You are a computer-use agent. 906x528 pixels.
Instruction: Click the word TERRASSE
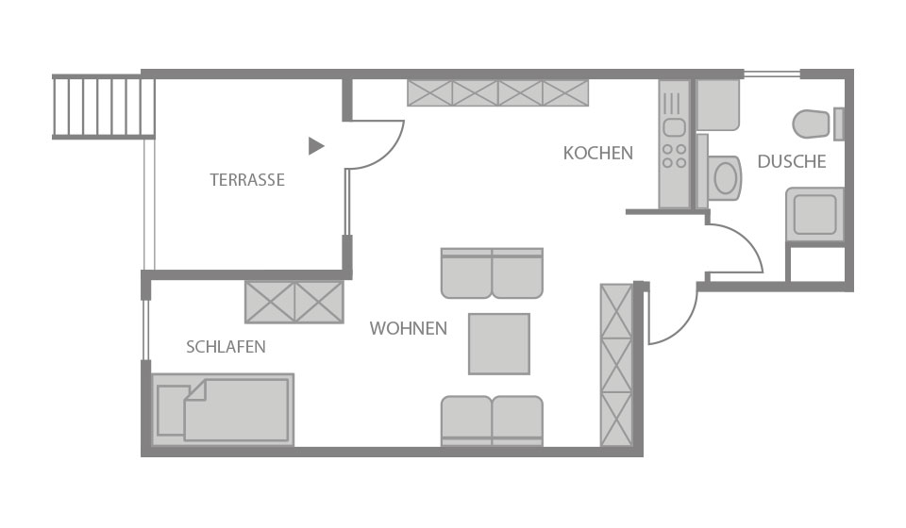(x=247, y=180)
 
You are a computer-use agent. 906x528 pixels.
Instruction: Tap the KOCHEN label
(x=598, y=153)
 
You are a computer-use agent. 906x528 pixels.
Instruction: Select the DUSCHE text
(x=792, y=161)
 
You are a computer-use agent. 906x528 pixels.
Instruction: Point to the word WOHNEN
(x=409, y=328)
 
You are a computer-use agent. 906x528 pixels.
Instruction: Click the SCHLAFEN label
(x=226, y=347)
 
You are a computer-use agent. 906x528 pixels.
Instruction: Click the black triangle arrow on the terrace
(x=315, y=146)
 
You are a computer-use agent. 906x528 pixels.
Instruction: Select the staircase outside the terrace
(x=104, y=107)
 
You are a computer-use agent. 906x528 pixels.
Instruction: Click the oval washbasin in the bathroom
(x=727, y=178)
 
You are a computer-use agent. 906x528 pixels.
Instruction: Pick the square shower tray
(x=814, y=214)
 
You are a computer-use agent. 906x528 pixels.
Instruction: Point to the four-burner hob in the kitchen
(x=674, y=156)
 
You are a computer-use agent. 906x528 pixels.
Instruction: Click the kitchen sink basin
(x=674, y=127)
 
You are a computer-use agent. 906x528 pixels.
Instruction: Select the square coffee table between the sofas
(x=499, y=344)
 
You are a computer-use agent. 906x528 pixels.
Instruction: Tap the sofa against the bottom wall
(x=492, y=421)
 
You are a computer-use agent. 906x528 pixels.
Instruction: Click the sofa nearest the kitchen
(x=492, y=273)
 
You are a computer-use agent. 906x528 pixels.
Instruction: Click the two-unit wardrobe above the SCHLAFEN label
(x=294, y=302)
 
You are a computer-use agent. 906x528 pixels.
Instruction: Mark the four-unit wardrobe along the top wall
(x=498, y=93)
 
